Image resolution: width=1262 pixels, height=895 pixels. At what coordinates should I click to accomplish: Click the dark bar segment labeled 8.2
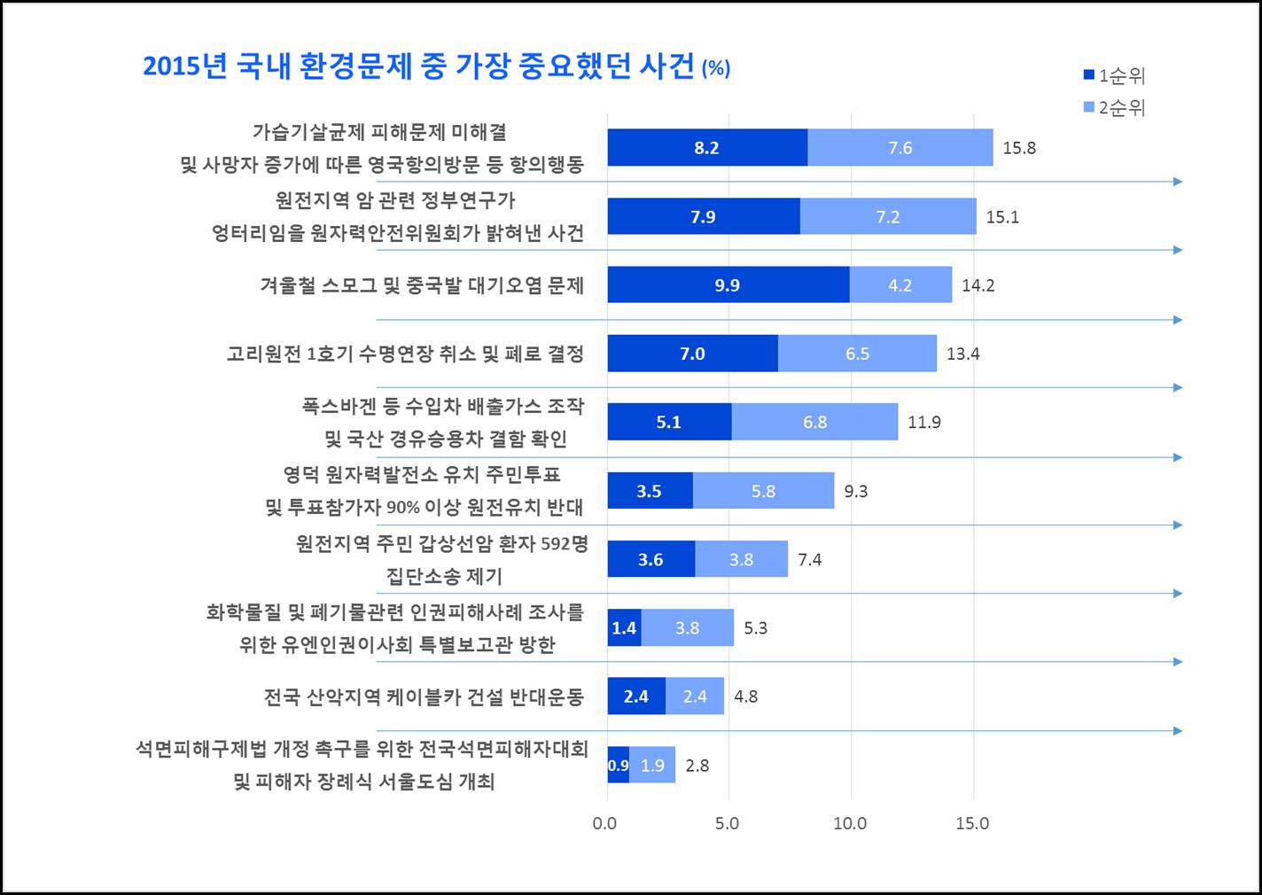(706, 148)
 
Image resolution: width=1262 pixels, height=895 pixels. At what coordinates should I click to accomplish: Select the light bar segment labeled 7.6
(900, 148)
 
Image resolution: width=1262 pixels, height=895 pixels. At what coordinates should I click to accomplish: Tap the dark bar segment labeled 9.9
(728, 285)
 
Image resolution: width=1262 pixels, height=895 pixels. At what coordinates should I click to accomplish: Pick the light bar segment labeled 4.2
(900, 285)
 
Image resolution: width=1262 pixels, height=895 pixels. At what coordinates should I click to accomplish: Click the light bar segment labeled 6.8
(814, 423)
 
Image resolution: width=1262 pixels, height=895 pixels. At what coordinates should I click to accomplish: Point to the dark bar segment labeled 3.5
(650, 491)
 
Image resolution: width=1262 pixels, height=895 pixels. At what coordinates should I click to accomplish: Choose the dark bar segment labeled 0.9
(618, 766)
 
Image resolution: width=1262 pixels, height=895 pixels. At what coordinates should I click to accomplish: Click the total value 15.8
(1019, 148)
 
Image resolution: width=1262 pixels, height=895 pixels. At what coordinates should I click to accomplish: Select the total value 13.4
(962, 354)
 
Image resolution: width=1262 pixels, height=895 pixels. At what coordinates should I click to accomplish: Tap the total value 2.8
(697, 766)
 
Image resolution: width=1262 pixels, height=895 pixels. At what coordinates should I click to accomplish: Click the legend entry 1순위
(1115, 76)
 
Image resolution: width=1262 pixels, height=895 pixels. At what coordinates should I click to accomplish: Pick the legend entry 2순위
(1115, 108)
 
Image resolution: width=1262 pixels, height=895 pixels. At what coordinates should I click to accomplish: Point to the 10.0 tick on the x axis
(850, 823)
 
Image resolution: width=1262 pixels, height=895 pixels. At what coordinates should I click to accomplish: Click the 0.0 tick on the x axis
(604, 823)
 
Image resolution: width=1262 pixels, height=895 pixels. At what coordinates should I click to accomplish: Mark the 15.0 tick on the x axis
(972, 823)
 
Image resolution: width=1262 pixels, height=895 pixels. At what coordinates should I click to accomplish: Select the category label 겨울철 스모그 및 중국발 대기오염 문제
(422, 285)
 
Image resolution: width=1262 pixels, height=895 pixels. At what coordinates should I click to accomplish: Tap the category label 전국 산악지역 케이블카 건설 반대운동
(424, 697)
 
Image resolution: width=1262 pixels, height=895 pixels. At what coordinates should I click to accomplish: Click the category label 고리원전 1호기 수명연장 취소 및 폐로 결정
(405, 354)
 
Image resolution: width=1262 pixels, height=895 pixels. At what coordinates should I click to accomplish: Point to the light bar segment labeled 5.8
(763, 491)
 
